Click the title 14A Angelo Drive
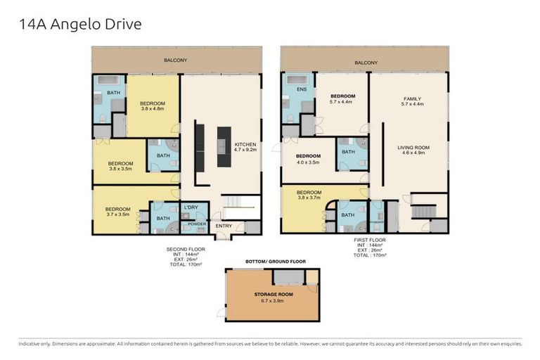[x=80, y=25]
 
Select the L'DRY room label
[x=191, y=207]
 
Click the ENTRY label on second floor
[x=224, y=226]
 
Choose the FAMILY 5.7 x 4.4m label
[x=412, y=102]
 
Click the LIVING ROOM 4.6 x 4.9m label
[x=413, y=150]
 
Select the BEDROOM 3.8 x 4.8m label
[x=153, y=105]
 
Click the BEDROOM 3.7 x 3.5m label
[x=118, y=212]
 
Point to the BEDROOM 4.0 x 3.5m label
[x=308, y=159]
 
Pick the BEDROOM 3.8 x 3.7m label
[x=309, y=195]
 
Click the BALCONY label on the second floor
[x=176, y=60]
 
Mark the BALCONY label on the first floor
[x=366, y=63]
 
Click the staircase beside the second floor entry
[x=233, y=206]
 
